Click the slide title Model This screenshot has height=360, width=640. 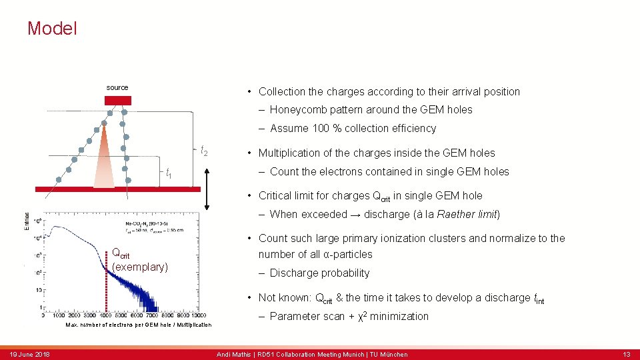click(x=52, y=29)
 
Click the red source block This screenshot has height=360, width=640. click(x=118, y=101)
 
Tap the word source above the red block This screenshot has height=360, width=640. click(x=117, y=87)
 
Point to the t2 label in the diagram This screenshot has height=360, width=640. click(x=204, y=152)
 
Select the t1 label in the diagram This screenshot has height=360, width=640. click(x=169, y=174)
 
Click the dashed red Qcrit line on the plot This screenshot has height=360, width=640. click(x=106, y=280)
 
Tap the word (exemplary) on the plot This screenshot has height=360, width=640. click(x=140, y=267)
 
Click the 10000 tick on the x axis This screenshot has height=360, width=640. click(x=199, y=316)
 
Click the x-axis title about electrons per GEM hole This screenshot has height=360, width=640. click(x=138, y=325)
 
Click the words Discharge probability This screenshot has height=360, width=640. click(x=319, y=273)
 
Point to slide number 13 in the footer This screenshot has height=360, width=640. click(x=625, y=354)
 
